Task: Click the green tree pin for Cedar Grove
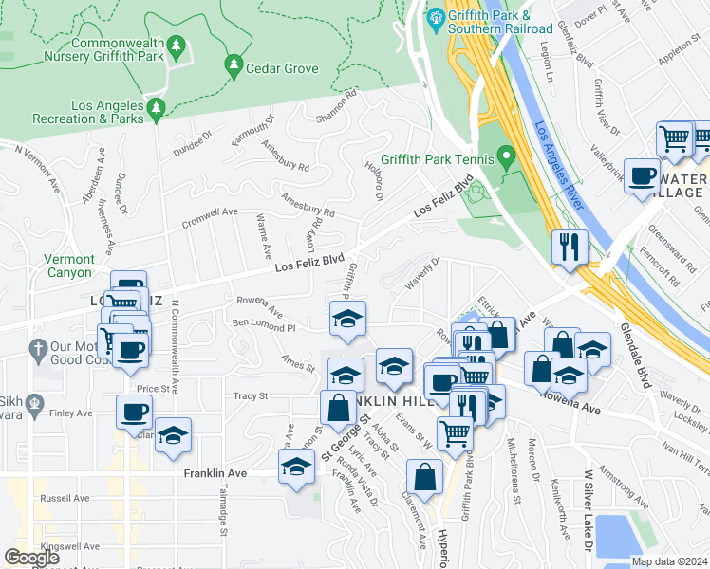[233, 65]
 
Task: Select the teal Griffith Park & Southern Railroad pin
[436, 17]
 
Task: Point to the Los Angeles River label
[563, 164]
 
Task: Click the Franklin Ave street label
[215, 472]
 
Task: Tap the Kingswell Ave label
[71, 547]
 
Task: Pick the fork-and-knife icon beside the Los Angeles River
[570, 248]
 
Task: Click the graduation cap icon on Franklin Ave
[297, 468]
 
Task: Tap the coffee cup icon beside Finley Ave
[134, 412]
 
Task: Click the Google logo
[31, 558]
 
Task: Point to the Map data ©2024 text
[669, 560]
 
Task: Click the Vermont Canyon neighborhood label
[69, 266]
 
